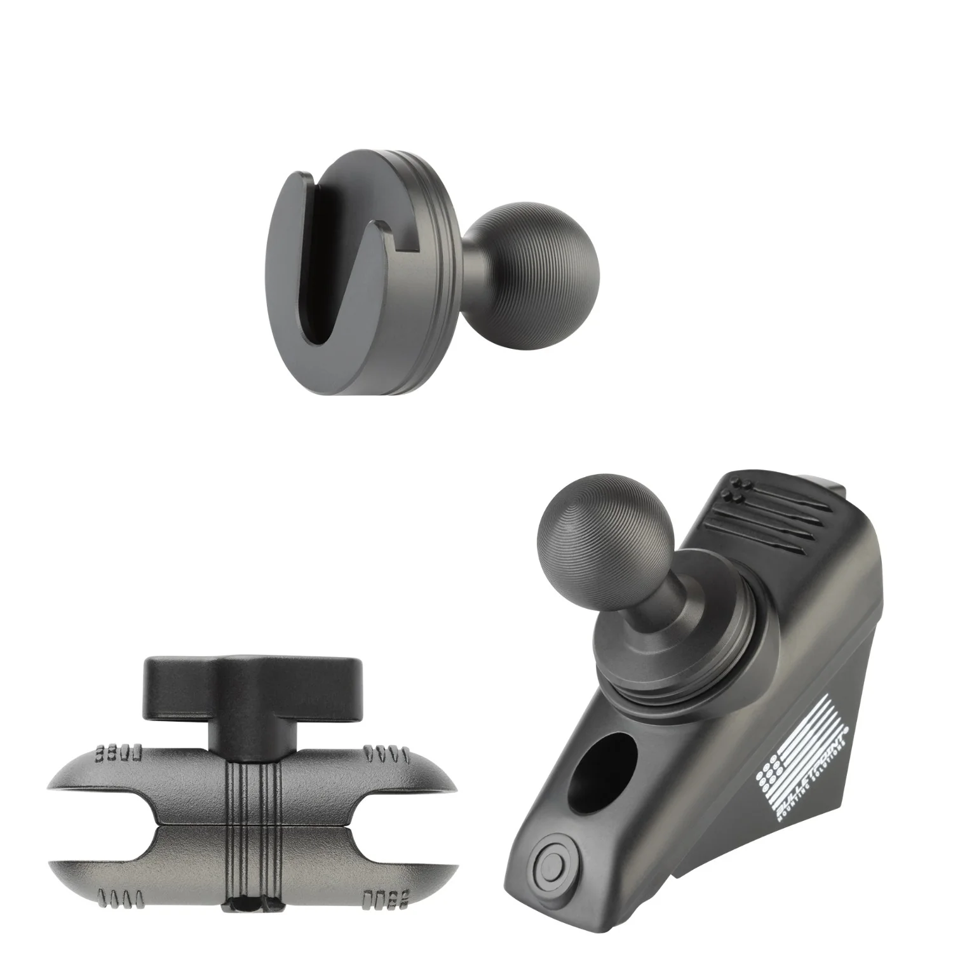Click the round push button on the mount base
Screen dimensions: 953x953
[547, 867]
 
